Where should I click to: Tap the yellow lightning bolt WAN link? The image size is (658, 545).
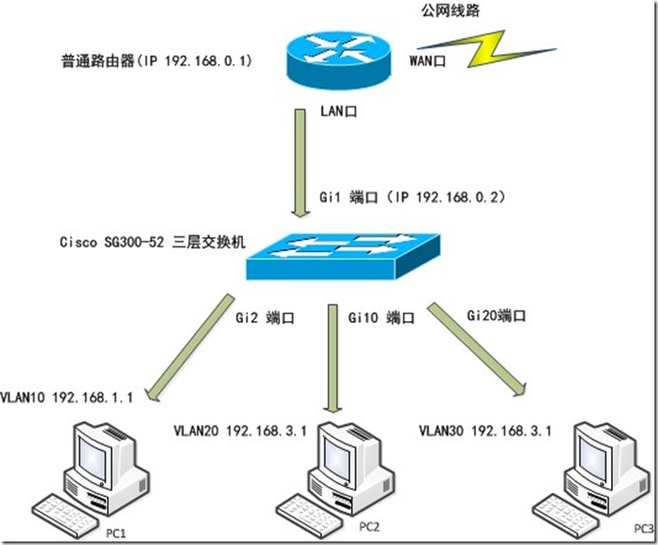click(x=479, y=50)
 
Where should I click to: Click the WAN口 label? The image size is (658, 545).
click(x=427, y=61)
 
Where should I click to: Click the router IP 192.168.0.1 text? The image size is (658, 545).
click(x=154, y=60)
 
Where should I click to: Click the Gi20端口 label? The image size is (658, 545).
click(x=496, y=314)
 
